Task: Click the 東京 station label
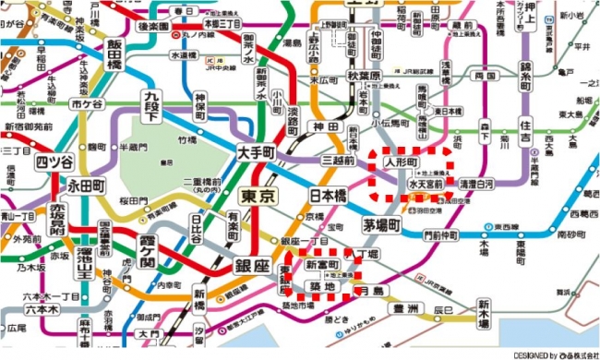coord(256,196)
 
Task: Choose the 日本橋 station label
coord(327,196)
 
